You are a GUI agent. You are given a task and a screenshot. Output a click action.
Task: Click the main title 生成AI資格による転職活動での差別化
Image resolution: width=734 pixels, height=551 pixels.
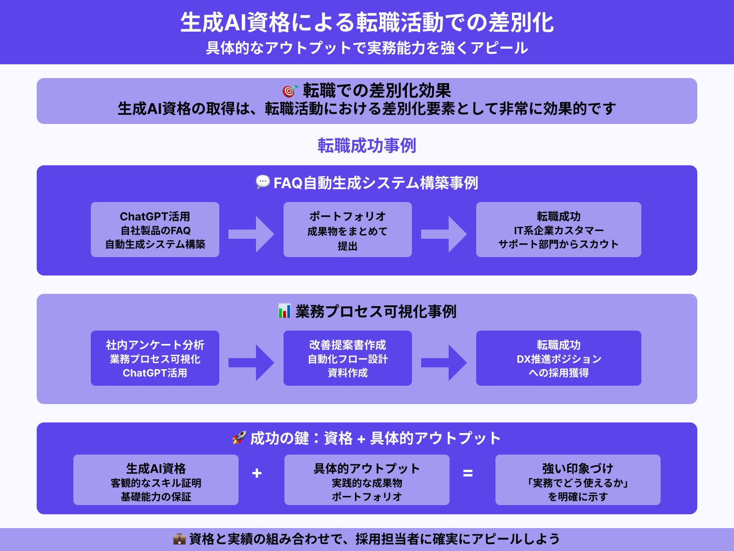click(367, 23)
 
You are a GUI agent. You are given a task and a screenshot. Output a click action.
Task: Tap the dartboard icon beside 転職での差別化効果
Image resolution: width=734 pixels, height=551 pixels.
click(290, 90)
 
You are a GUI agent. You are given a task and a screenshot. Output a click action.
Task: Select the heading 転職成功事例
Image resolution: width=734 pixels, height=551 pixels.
click(367, 146)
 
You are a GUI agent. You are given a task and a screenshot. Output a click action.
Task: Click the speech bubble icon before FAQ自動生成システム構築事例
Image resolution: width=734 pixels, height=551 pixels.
click(262, 182)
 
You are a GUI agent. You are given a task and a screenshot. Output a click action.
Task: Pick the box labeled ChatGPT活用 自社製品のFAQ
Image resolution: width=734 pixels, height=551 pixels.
click(155, 230)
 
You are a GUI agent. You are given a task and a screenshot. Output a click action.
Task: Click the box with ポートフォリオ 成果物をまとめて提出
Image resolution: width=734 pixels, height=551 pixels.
click(348, 230)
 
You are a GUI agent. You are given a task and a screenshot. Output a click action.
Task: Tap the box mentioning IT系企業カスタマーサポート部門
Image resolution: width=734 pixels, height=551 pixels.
click(559, 230)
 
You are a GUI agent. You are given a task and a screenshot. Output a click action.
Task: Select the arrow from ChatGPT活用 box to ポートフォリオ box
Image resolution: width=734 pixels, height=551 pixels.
click(251, 234)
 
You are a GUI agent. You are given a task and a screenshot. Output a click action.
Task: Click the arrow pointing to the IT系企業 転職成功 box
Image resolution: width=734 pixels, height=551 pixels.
click(444, 234)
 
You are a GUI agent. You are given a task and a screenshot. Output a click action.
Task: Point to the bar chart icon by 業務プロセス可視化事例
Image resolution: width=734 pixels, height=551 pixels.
click(284, 311)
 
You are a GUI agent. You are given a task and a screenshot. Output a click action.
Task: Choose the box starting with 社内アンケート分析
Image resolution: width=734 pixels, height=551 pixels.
click(155, 358)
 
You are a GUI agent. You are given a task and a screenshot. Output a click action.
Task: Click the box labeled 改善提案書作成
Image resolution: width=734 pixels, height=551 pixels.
click(348, 358)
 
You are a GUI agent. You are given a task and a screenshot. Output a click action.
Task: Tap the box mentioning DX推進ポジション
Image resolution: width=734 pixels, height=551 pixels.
click(559, 358)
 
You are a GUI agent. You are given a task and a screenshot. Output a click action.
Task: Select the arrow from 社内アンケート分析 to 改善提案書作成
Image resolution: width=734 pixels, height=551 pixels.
click(251, 363)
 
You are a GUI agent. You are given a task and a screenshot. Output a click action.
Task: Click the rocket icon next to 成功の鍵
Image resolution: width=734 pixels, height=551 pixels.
click(239, 438)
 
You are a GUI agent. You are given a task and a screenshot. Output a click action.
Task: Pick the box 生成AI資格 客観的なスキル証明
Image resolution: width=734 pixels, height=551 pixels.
click(156, 480)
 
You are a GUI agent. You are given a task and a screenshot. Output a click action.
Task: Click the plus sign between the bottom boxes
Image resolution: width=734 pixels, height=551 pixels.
click(257, 473)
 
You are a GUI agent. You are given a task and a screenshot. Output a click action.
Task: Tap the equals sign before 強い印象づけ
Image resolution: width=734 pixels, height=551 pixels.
click(468, 473)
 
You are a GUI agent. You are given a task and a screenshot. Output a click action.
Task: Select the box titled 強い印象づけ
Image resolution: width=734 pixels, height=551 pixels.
click(578, 480)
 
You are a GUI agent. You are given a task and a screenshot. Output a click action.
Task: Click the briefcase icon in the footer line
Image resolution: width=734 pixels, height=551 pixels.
click(179, 539)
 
